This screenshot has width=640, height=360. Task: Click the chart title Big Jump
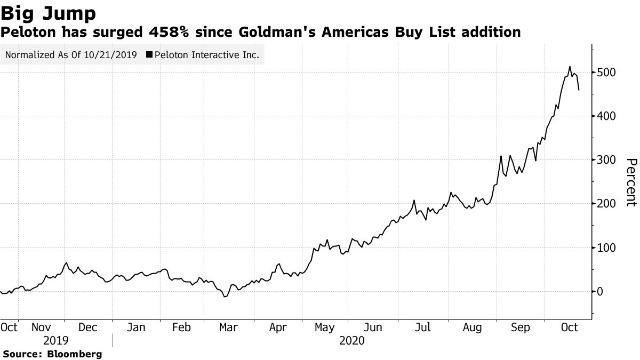(x=49, y=13)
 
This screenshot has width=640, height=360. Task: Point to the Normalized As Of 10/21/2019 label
(x=71, y=54)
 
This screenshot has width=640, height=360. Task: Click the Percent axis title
(x=631, y=182)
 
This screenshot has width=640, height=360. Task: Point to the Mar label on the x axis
(x=229, y=327)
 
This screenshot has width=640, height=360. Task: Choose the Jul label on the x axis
(x=423, y=327)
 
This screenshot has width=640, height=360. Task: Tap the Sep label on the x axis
(x=520, y=327)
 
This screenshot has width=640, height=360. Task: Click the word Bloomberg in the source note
(x=75, y=354)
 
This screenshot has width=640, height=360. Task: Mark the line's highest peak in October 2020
(x=570, y=67)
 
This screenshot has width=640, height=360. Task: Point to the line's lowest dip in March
(x=225, y=297)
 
